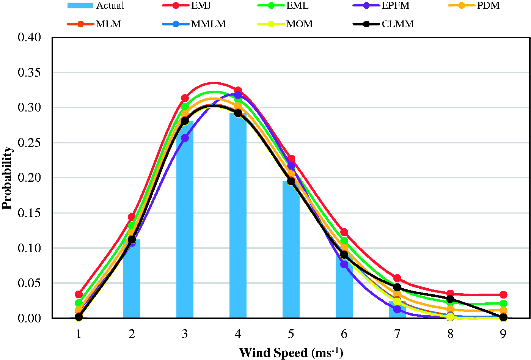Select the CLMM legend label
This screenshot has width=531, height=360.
coord(398,24)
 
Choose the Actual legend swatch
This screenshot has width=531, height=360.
coord(80,5)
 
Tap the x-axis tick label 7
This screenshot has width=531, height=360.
coord(397,334)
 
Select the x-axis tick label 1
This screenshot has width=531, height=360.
coord(79,334)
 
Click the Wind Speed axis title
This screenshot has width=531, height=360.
coord(291,353)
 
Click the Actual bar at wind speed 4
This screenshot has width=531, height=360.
coord(238,215)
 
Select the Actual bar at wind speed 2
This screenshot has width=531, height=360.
coord(132,279)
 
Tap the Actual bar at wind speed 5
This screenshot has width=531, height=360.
coord(291,249)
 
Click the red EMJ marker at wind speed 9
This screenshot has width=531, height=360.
coord(503,295)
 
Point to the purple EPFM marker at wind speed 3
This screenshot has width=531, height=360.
coord(185,138)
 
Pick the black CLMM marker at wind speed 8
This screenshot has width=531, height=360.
coord(450,299)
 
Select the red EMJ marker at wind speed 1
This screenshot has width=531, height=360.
coord(79,294)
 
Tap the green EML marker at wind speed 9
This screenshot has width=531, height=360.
coord(503,303)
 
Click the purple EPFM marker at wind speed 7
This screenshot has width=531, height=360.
coord(397,309)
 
